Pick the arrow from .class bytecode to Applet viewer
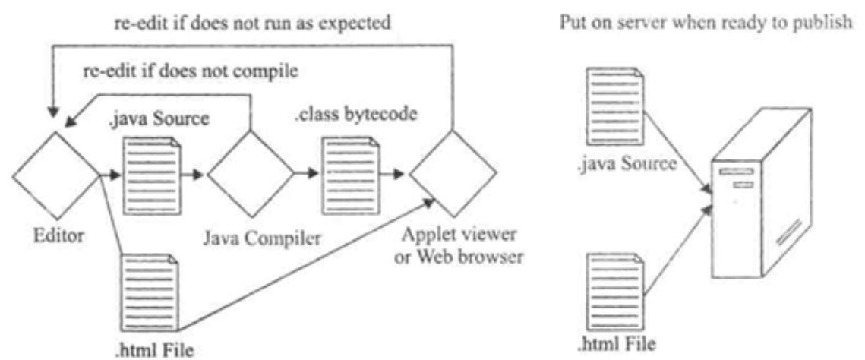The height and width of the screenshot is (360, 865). point(388,174)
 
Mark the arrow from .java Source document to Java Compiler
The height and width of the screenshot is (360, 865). point(193,174)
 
